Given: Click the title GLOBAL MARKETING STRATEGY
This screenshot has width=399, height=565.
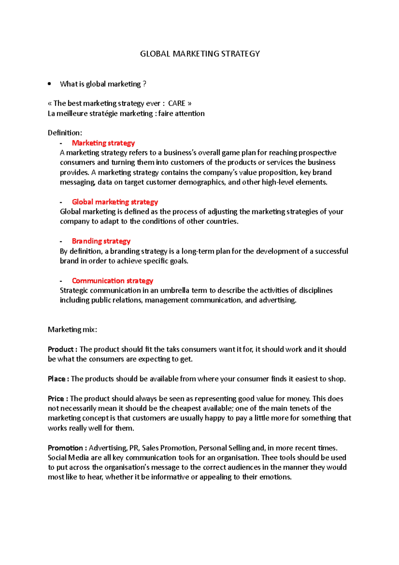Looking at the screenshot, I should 200,54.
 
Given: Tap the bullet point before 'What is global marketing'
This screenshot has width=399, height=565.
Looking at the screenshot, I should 50,84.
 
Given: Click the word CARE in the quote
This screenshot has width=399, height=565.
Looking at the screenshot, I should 177,103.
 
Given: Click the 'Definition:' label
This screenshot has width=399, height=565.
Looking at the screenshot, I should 65,133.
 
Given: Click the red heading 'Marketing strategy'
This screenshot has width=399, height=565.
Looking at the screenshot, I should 103,143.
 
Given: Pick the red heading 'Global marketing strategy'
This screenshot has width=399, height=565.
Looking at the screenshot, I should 115,202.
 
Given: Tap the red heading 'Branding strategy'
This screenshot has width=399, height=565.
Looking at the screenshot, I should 101,241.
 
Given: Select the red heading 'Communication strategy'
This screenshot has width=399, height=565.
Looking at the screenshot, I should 112,281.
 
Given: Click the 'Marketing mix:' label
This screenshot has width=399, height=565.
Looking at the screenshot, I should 72,330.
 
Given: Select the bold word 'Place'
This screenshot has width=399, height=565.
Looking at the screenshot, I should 57,379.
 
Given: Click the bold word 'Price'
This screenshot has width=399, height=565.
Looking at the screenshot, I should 56,399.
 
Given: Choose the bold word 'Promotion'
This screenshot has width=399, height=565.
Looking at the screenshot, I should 65,448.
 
